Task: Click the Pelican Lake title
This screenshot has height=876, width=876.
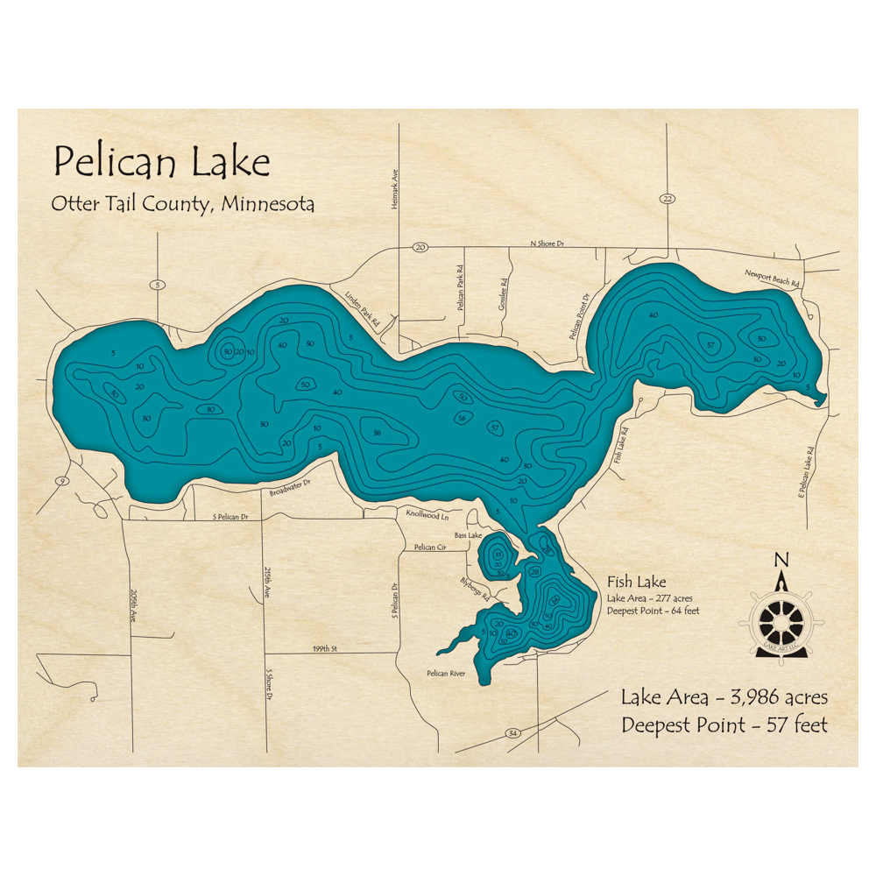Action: click(x=161, y=162)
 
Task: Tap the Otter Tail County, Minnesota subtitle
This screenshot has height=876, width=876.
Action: click(x=183, y=204)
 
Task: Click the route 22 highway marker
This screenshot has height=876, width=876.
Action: click(x=668, y=199)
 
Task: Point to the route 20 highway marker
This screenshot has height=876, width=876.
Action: click(x=420, y=248)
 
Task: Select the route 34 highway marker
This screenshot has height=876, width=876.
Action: click(x=512, y=732)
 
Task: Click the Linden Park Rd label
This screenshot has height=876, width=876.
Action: click(x=362, y=308)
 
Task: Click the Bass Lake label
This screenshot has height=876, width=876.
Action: click(x=468, y=534)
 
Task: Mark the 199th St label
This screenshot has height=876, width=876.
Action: click(x=324, y=649)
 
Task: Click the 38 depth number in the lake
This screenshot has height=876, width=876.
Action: click(x=377, y=433)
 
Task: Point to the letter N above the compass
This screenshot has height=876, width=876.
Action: click(x=781, y=561)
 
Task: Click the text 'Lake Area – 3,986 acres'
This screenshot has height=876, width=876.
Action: click(x=724, y=698)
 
